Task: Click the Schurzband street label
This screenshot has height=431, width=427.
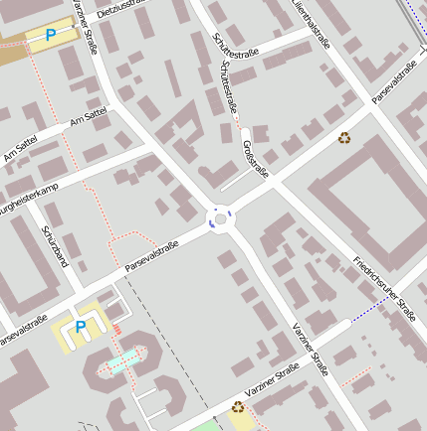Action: pyautogui.click(x=55, y=245)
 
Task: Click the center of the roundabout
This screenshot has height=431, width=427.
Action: pyautogui.click(x=220, y=219)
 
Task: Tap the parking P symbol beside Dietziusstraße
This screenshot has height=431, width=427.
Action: pyautogui.click(x=51, y=36)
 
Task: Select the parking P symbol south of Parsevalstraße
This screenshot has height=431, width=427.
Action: pyautogui.click(x=82, y=326)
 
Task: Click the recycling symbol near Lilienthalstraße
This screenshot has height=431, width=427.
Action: pyautogui.click(x=344, y=138)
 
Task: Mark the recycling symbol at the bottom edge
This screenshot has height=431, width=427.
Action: pyautogui.click(x=238, y=406)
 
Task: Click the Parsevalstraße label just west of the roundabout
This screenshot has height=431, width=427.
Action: pyautogui.click(x=151, y=257)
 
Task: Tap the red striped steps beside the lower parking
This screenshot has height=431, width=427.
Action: pyautogui.click(x=116, y=329)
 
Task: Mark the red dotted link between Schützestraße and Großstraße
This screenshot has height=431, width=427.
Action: pyautogui.click(x=239, y=127)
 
